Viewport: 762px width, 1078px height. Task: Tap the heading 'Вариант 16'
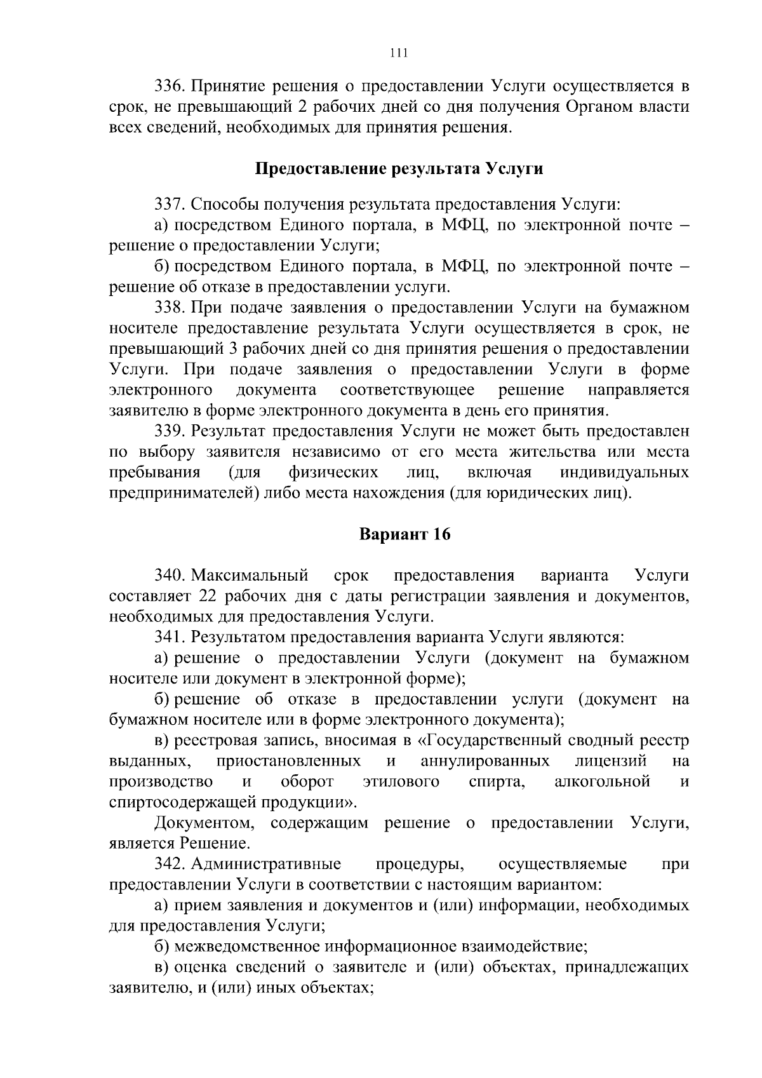tap(404, 534)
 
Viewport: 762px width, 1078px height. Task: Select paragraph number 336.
tap(170, 86)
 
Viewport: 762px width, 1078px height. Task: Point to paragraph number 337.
tap(170, 205)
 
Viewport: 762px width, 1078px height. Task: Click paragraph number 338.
tap(170, 307)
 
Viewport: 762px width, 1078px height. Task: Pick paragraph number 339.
tap(170, 431)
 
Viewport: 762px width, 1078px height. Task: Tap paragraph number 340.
tap(170, 576)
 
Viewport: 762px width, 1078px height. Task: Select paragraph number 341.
tap(170, 637)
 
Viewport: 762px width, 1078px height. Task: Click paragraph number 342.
tap(170, 864)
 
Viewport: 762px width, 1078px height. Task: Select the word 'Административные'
tap(266, 864)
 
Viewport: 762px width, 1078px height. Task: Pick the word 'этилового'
tap(401, 781)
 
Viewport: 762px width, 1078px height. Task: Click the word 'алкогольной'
tap(602, 781)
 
